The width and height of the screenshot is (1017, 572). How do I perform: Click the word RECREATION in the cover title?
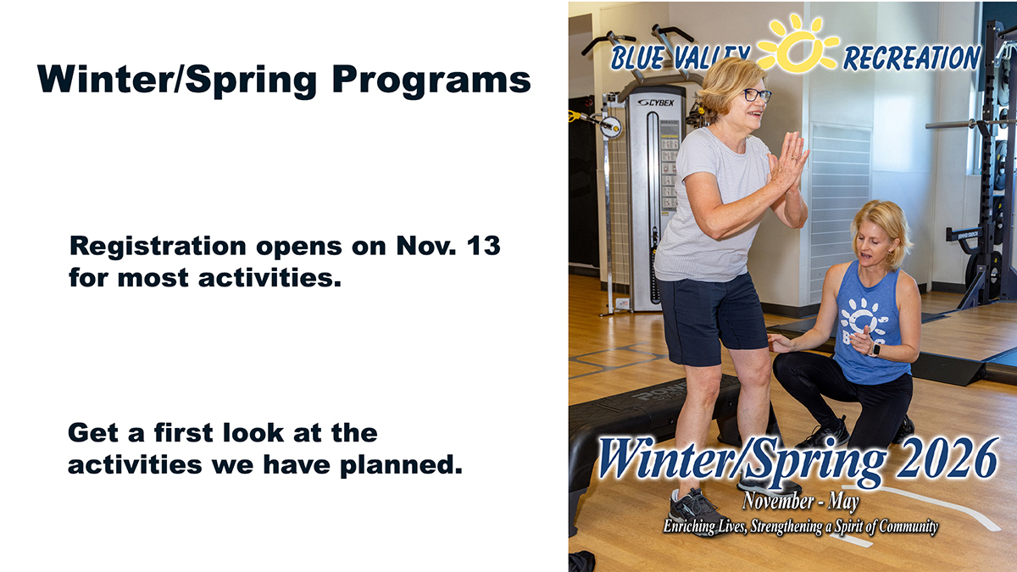click(x=911, y=58)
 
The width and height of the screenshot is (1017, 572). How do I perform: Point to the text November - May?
click(x=800, y=503)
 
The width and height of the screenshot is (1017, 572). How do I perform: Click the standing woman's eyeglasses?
click(x=755, y=95)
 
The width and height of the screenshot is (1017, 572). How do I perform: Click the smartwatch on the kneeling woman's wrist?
click(x=875, y=348)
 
